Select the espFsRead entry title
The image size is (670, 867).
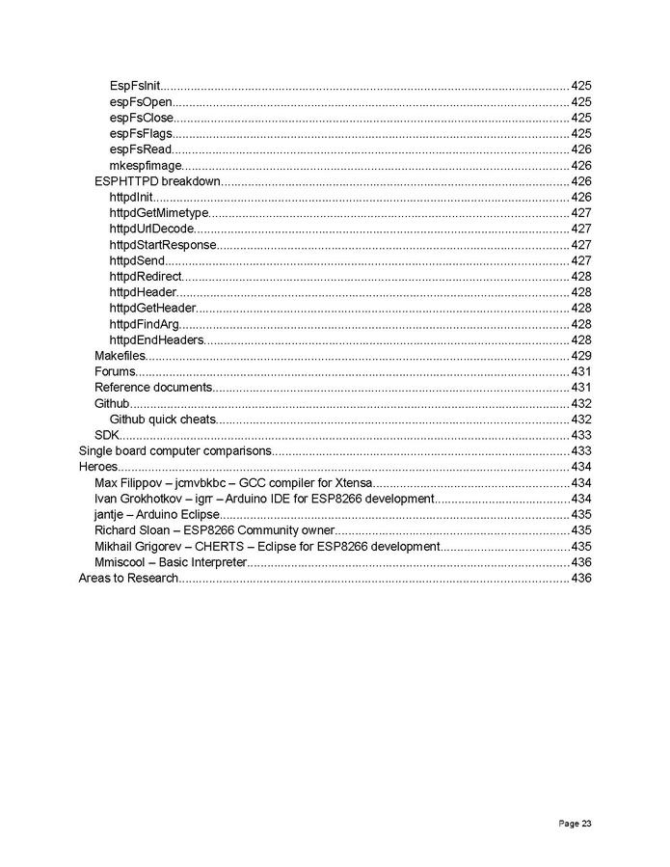point(141,149)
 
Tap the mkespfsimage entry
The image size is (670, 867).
point(146,166)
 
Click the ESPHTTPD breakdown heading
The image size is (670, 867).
point(157,181)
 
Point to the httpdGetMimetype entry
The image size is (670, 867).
point(158,213)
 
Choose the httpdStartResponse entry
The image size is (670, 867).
point(162,245)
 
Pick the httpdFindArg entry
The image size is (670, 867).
point(144,324)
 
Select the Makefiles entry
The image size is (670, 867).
point(119,356)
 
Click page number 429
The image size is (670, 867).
point(581,356)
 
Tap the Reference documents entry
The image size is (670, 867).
point(152,388)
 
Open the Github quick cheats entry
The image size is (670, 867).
point(162,420)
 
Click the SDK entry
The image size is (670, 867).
point(105,435)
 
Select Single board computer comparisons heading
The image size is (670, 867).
point(174,451)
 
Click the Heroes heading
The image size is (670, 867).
point(97,467)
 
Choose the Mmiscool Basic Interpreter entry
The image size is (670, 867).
point(170,562)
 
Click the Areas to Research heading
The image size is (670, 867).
point(128,578)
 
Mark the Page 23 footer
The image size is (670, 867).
point(575,824)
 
